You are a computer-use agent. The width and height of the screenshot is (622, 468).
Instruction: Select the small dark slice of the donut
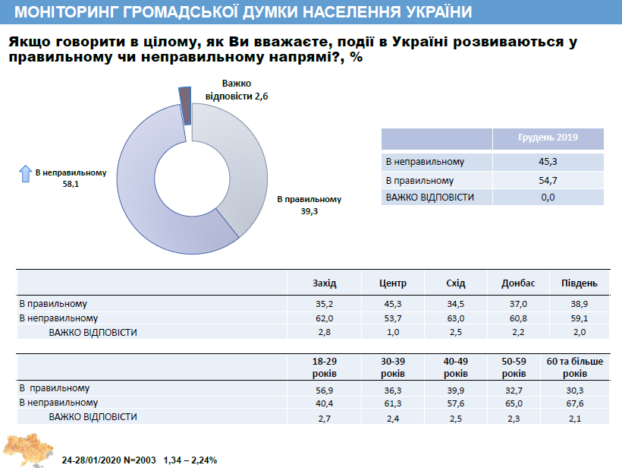pos(184,104)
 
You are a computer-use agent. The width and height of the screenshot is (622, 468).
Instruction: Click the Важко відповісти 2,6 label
pos(237,89)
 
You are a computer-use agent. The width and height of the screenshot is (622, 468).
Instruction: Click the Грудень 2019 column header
pos(548,138)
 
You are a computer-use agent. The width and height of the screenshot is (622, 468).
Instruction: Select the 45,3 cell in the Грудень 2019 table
pos(548,162)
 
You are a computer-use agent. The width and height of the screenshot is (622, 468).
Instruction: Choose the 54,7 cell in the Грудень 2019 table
pos(548,181)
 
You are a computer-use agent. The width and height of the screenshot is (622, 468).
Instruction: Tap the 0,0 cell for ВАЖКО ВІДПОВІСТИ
pos(548,198)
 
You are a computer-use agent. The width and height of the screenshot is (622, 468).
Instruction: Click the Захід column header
pos(324,283)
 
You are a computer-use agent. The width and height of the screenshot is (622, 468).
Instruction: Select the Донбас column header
pos(518,283)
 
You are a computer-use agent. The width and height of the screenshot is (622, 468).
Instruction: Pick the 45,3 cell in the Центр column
pos(392,303)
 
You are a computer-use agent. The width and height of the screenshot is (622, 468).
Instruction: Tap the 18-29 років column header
pos(324,368)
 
